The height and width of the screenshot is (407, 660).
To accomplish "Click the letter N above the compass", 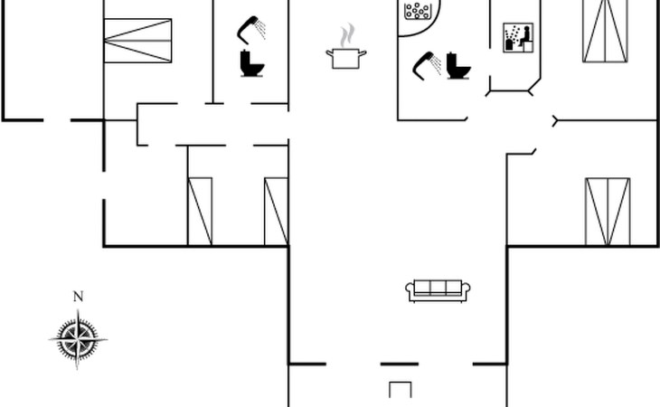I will (x=78, y=297).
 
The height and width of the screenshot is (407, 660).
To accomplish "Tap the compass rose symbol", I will (x=78, y=340).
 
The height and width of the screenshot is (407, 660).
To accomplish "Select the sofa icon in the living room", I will (x=438, y=290).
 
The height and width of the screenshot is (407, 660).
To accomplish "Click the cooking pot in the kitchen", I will (x=346, y=58).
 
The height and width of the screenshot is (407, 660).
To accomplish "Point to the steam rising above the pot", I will (x=346, y=36).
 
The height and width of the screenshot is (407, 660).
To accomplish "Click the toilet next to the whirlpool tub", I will (x=459, y=66).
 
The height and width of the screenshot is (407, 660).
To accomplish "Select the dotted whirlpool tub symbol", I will (x=417, y=12).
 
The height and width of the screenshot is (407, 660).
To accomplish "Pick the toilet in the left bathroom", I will (x=252, y=63).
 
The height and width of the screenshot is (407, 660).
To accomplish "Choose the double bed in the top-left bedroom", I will (x=137, y=41).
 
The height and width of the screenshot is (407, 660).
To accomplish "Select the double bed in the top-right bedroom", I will (x=605, y=31).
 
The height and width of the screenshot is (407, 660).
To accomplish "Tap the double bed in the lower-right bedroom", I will (x=607, y=212).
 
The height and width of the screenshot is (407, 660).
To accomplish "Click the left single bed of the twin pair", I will (x=200, y=211).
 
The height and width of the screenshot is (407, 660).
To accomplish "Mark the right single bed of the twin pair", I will (x=276, y=211).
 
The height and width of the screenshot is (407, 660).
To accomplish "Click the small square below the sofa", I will (x=401, y=390).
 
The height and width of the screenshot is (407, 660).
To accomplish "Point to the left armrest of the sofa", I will (x=410, y=291).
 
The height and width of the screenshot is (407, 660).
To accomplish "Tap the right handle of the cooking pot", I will (x=363, y=54).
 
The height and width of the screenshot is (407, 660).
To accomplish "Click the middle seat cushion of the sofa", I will (x=438, y=289).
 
